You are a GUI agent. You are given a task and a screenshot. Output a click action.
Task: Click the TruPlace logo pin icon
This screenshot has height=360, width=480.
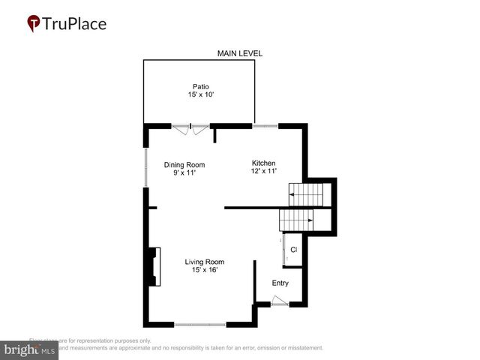(x=34, y=24)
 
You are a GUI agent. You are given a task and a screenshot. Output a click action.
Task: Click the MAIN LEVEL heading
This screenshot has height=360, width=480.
(x=240, y=53)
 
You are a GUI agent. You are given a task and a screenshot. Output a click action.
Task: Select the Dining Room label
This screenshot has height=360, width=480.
(x=184, y=165)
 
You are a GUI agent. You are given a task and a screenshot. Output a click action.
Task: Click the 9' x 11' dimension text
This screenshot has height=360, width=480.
(x=184, y=173)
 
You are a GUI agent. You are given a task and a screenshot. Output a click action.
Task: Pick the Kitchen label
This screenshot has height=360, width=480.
(x=264, y=163)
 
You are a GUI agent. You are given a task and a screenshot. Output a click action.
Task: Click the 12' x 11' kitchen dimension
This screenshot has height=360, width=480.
(x=264, y=171)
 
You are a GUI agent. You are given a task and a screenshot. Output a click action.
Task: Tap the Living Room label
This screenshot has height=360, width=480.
(x=205, y=262)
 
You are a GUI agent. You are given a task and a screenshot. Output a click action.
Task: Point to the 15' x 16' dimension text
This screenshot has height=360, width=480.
(x=205, y=270)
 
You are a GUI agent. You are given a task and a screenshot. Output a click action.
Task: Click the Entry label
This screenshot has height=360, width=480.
(x=280, y=283)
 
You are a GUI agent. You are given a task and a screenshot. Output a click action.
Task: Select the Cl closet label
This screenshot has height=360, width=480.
(x=294, y=249)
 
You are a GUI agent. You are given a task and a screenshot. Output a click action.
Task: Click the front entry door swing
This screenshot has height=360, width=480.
(x=279, y=301)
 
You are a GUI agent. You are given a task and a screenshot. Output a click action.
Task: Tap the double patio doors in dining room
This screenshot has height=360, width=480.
(x=190, y=129)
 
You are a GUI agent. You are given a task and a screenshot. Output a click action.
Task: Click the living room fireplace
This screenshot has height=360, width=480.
(x=154, y=266)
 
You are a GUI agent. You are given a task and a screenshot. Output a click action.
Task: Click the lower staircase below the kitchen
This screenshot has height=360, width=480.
(x=296, y=220)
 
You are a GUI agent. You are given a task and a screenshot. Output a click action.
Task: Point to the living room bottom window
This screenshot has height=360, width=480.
(x=200, y=324)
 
